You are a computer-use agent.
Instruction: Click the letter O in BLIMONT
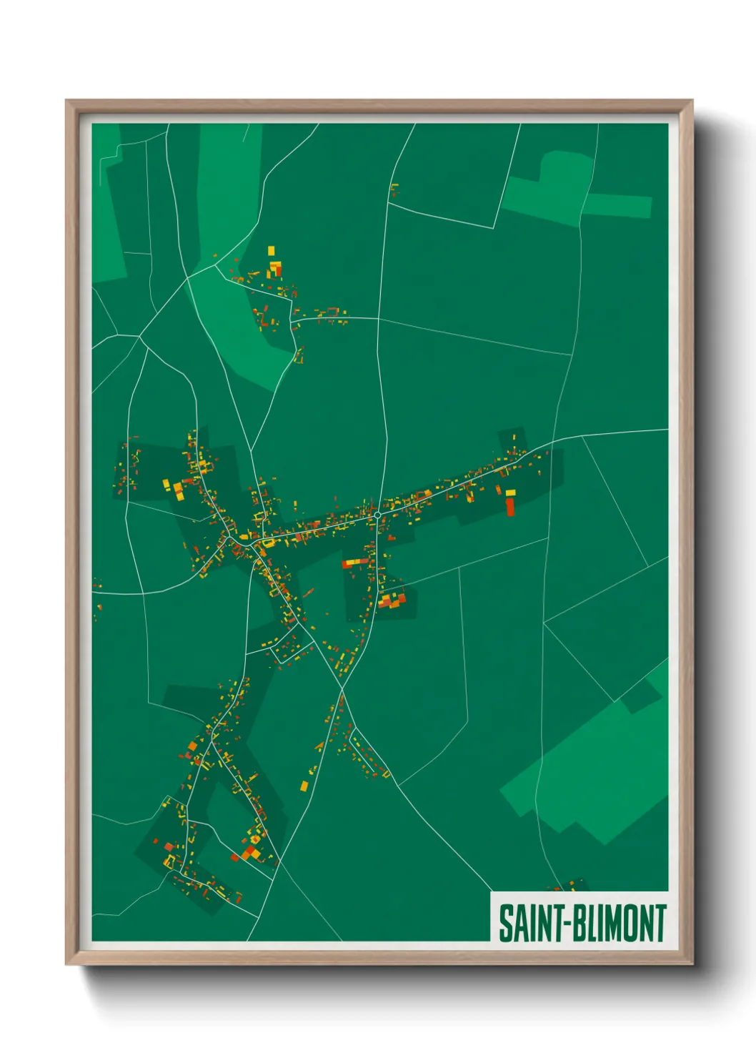(x=629, y=923)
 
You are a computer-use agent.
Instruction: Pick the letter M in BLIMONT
(x=612, y=923)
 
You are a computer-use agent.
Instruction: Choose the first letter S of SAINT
(x=504, y=923)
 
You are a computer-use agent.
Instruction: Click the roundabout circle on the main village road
(x=377, y=515)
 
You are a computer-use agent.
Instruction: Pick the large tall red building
(x=510, y=507)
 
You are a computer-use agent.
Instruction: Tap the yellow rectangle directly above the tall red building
(x=510, y=493)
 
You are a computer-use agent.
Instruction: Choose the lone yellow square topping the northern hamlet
(x=271, y=250)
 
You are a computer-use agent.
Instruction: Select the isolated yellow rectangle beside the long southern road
(x=304, y=786)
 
